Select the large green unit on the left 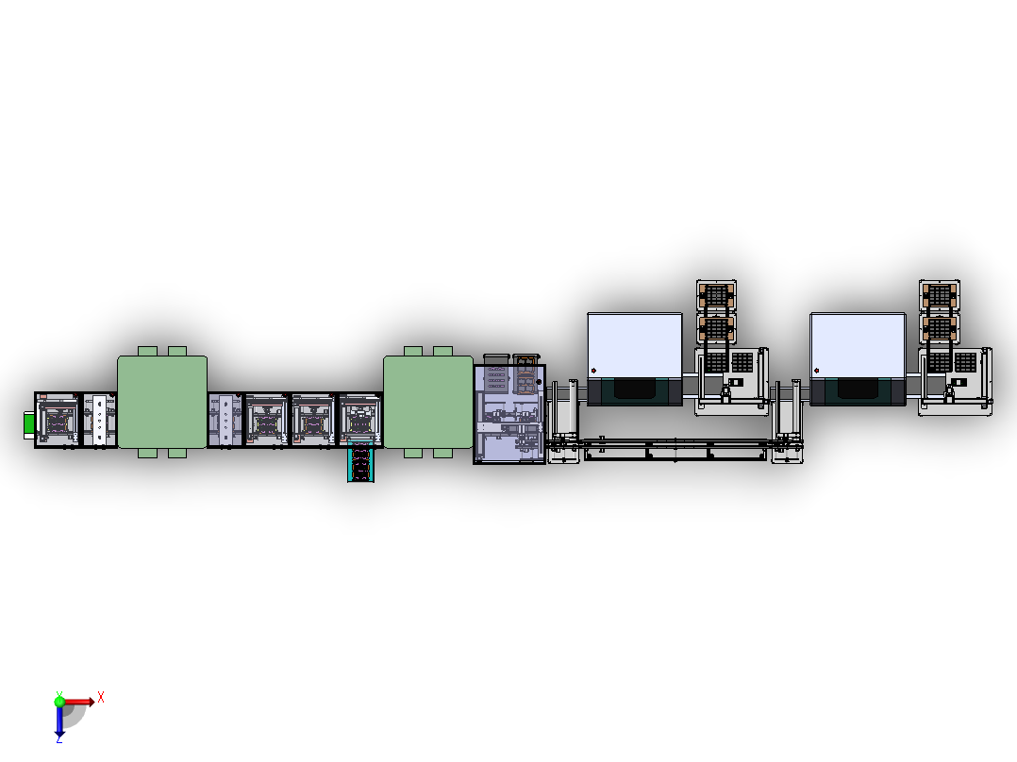pos(161,402)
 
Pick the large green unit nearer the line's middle pos(427,402)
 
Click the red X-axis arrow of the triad pos(81,701)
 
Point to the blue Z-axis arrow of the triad pos(59,722)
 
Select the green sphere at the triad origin pos(59,701)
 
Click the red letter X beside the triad pos(100,697)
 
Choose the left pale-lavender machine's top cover pos(634,343)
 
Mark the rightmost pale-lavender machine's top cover pos(857,343)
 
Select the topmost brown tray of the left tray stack pos(716,294)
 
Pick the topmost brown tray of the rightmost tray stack pos(939,294)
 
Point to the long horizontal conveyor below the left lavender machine pos(675,451)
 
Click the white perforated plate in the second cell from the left pos(99,421)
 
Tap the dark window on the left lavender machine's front pos(634,389)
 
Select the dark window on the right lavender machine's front pos(857,389)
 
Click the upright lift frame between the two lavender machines pos(788,415)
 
